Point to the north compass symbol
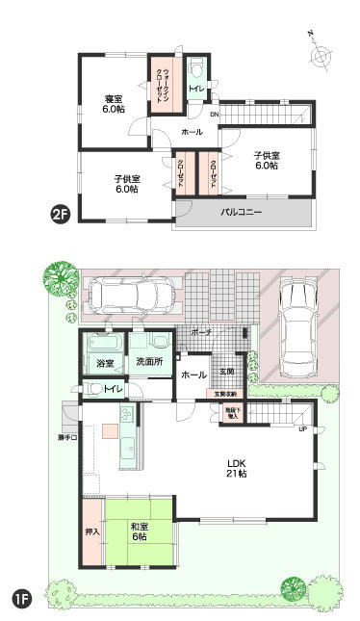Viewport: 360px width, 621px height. click(320, 55)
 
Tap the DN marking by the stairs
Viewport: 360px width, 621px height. click(214, 115)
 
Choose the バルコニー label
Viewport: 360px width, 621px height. click(242, 210)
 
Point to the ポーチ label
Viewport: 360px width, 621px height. click(200, 332)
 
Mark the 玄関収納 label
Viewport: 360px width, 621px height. click(226, 394)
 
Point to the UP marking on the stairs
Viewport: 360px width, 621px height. click(303, 428)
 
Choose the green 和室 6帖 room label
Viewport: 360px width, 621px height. click(140, 530)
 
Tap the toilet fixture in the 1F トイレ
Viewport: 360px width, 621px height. click(95, 389)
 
